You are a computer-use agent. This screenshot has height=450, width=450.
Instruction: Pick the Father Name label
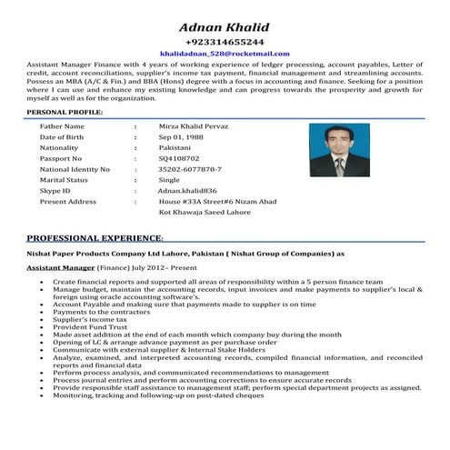click(x=63, y=125)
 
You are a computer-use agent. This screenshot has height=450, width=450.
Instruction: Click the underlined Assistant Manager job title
click(x=61, y=270)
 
